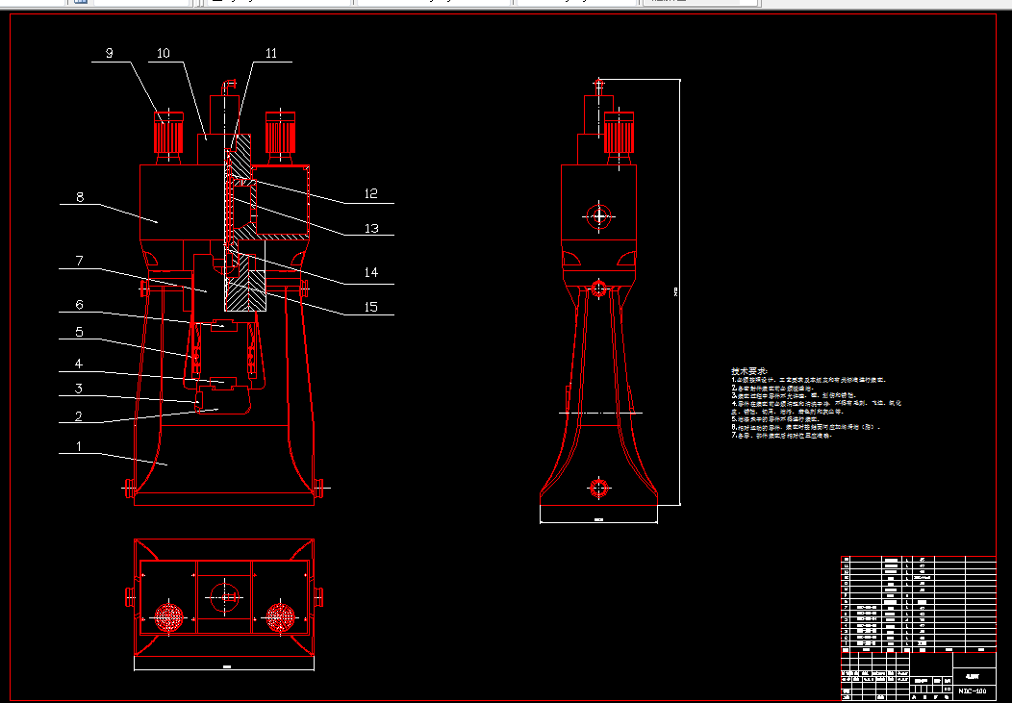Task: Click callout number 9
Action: (109, 54)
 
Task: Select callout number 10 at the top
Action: (164, 54)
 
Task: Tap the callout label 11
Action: (270, 54)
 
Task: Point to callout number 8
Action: (80, 197)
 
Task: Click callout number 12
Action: (371, 193)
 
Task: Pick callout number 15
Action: (371, 307)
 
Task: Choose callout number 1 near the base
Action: (80, 447)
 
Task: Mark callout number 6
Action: (80, 305)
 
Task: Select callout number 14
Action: (371, 273)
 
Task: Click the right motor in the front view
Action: (280, 134)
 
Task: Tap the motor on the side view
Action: (620, 134)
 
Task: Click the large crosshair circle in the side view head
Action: (600, 216)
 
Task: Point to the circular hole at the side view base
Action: (599, 488)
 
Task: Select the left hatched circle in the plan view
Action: (169, 616)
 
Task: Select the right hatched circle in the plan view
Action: (281, 616)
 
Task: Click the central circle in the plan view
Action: (225, 596)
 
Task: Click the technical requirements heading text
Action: (749, 371)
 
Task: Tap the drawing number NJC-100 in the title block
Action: (973, 690)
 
